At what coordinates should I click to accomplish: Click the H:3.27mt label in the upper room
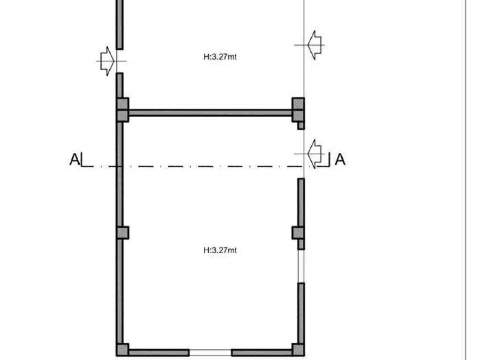pos(220,57)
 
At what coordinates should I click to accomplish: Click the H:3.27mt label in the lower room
pos(220,250)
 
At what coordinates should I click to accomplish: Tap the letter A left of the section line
pos(75,159)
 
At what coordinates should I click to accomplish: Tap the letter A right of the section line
pos(340,159)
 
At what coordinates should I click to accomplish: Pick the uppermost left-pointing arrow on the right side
pos(315,45)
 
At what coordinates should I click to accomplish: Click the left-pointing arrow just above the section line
pos(315,154)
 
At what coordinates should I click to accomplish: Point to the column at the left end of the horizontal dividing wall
pos(123,110)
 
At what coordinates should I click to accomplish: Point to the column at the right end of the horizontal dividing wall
pos(298,110)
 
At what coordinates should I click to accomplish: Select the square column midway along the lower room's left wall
pos(123,232)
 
